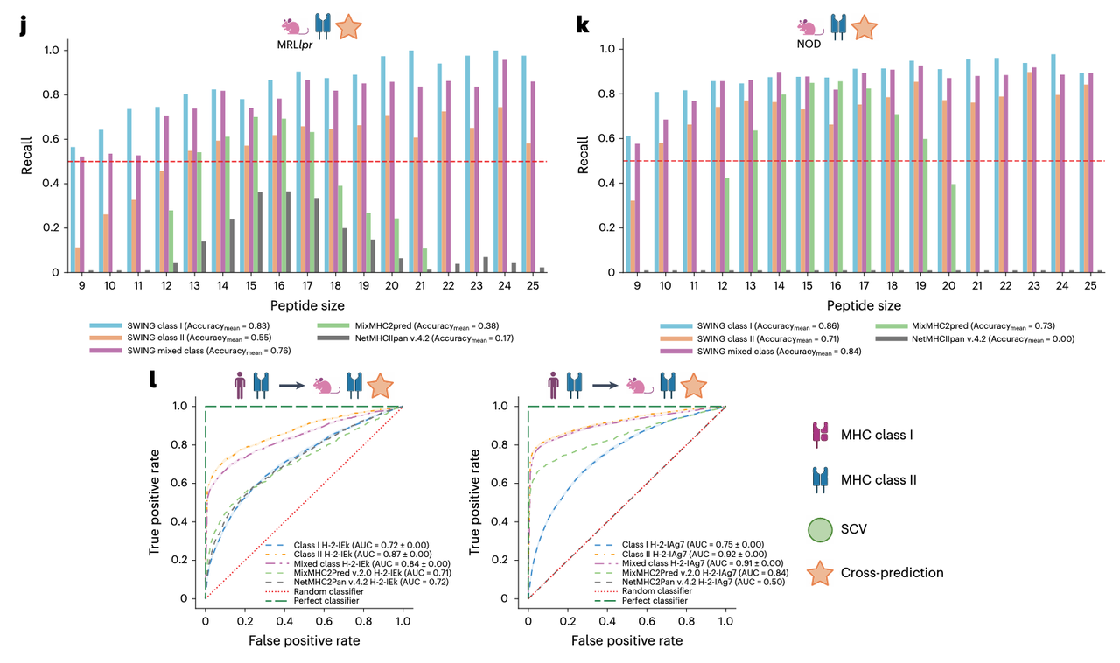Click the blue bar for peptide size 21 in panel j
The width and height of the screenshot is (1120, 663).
click(410, 162)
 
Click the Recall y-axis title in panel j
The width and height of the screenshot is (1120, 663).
click(29, 160)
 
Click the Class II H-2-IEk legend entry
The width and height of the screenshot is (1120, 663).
click(359, 554)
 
